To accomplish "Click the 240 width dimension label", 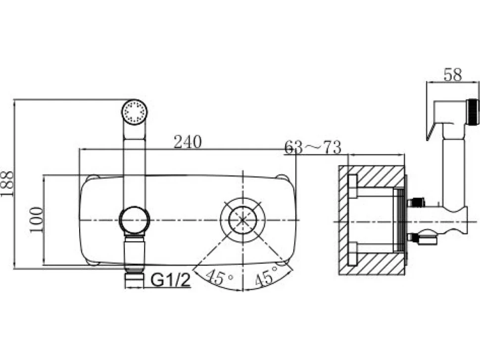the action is (x=188, y=141).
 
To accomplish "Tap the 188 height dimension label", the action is (x=7, y=183).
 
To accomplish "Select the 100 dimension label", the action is (x=36, y=220).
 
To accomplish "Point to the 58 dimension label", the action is (x=453, y=75).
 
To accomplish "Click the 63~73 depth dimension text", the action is (x=313, y=147).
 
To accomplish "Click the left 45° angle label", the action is (x=219, y=277).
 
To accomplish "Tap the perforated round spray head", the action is (x=135, y=112).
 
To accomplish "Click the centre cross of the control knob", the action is (x=242, y=220).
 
